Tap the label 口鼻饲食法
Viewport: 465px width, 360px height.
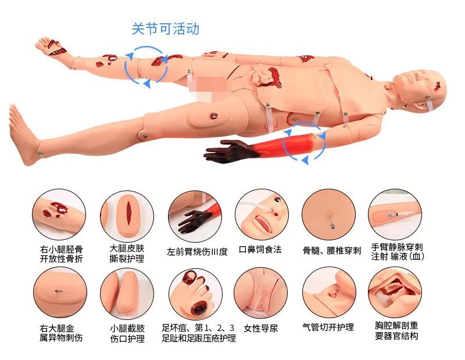click(260, 250)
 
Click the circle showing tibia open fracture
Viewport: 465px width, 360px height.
click(59, 211)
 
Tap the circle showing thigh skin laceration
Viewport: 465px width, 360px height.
click(127, 211)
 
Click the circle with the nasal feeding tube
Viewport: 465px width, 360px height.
click(261, 211)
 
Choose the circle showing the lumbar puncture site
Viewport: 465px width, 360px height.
click(329, 211)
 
